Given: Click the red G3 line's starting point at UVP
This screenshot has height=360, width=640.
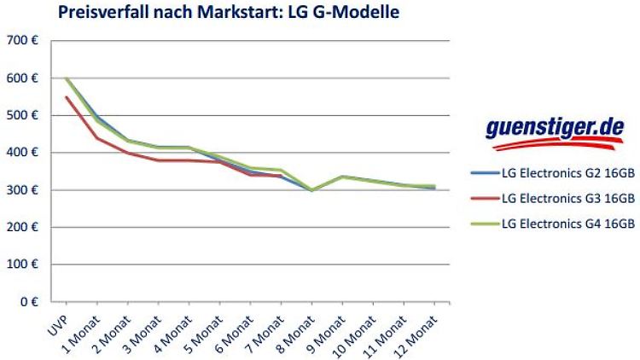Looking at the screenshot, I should pyautogui.click(x=67, y=96).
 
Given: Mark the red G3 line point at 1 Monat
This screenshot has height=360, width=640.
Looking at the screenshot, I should pyautogui.click(x=97, y=138).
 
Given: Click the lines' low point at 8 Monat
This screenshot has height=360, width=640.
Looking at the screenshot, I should pyautogui.click(x=311, y=190).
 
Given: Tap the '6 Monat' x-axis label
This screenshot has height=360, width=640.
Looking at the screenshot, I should pyautogui.click(x=237, y=328).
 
